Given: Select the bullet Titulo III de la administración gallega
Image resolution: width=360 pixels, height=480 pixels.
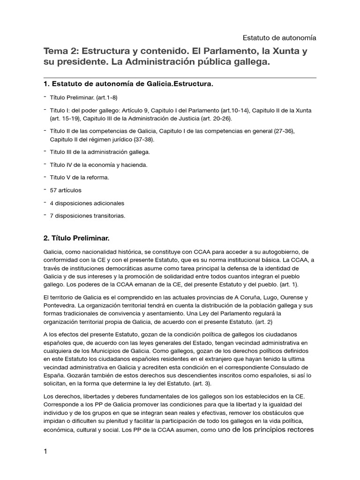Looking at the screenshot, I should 100,152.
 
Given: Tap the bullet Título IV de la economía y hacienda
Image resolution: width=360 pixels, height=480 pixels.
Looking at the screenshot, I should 98,165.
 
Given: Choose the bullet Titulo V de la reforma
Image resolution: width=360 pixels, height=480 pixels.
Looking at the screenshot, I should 79,178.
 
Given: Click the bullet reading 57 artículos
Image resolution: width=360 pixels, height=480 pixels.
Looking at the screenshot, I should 65,190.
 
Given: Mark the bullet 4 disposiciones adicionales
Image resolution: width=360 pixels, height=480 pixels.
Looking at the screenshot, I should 87,203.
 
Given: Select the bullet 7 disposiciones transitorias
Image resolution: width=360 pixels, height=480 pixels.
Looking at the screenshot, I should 88,216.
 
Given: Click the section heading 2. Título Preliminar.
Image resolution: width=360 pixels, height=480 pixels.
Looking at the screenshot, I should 76,239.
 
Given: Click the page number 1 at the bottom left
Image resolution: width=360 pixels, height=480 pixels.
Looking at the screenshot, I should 45,451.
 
